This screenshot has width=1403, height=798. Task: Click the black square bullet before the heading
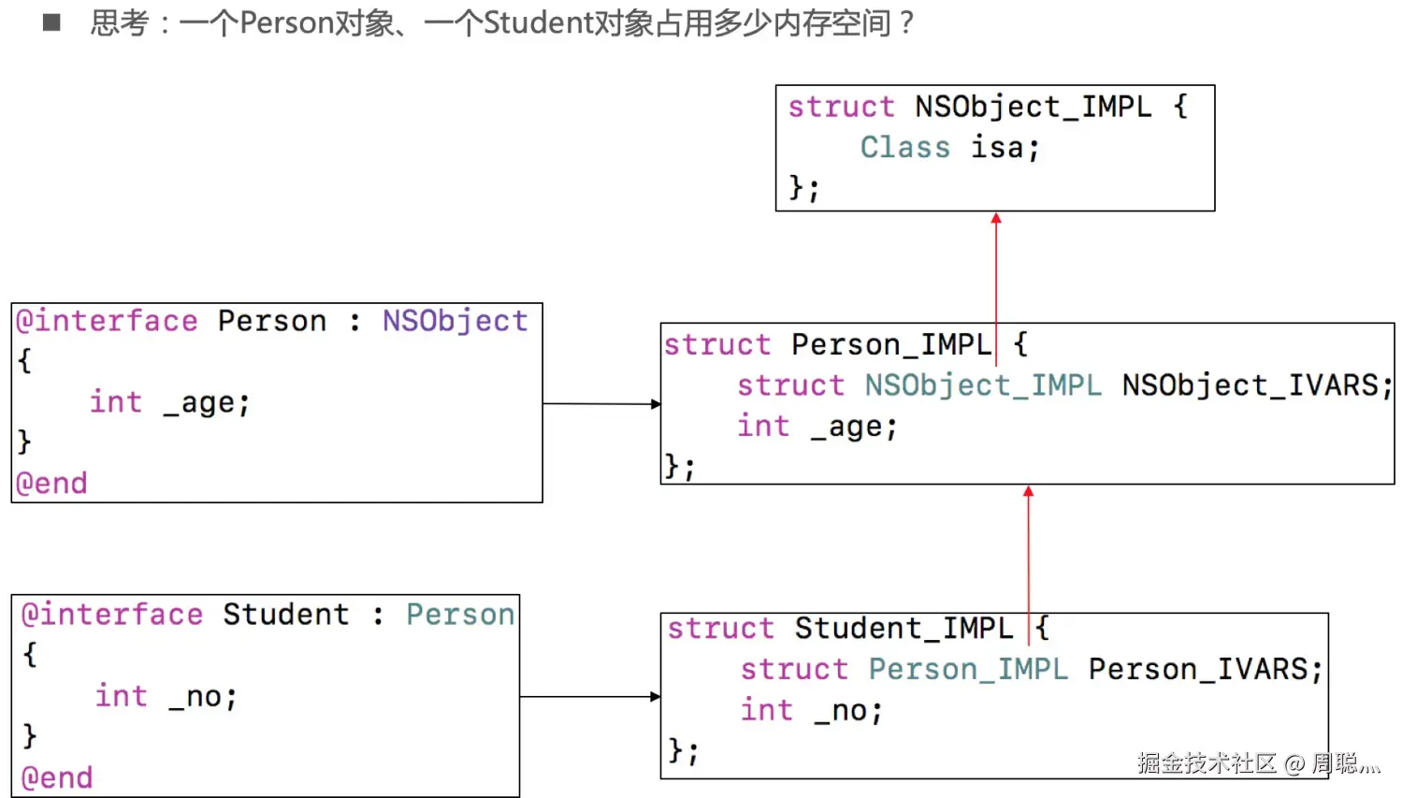coord(51,22)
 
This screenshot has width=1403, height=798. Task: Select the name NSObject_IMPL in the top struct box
coord(1033,107)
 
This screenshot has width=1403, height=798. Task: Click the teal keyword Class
coord(904,148)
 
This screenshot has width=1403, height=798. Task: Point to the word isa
coord(997,148)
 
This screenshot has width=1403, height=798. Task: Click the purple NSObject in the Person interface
coord(455,321)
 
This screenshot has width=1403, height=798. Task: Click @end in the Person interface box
coord(51,483)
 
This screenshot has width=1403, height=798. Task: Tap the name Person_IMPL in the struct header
coord(890,344)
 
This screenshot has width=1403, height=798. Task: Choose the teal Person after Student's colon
coord(459,615)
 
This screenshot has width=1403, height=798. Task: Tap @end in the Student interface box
coord(57,777)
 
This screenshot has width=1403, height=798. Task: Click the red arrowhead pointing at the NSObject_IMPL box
coord(996,218)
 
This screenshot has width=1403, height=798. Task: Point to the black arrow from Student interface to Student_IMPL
coord(589,696)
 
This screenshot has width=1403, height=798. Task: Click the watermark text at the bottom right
coord(1258,763)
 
